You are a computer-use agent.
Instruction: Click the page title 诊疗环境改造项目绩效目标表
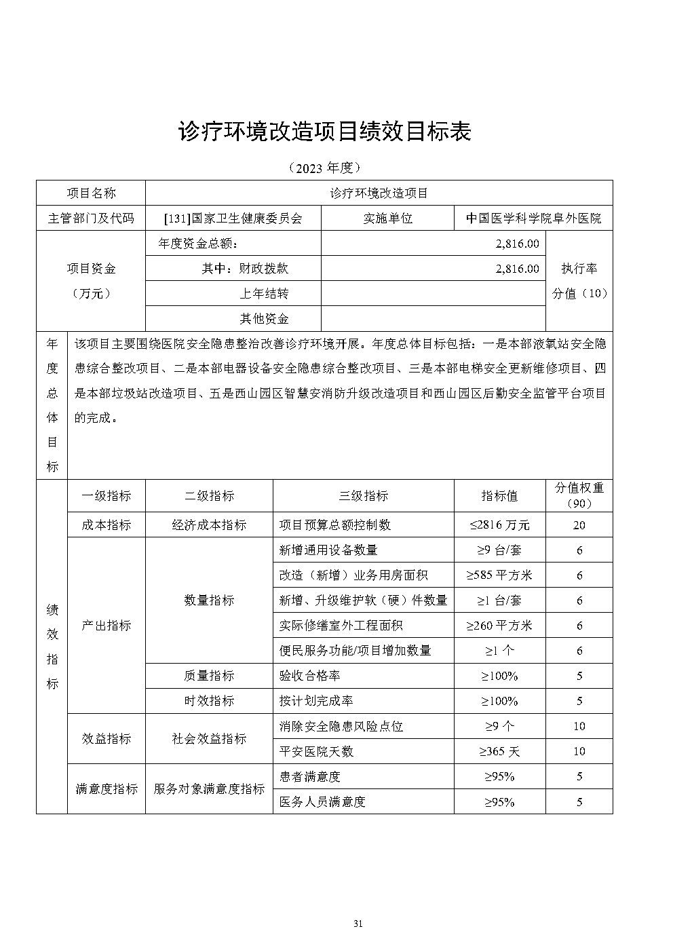(324, 132)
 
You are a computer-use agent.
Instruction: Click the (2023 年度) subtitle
(324, 167)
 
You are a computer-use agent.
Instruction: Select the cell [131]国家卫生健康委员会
(233, 218)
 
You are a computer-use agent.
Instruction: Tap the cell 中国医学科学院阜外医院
(533, 218)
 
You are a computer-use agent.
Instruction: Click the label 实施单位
(388, 218)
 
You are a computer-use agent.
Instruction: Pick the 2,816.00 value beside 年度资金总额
(518, 244)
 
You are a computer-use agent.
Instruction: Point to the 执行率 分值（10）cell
(579, 281)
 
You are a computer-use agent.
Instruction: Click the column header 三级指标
(363, 496)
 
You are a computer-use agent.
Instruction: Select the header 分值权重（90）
(579, 496)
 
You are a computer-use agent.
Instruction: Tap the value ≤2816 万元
(499, 525)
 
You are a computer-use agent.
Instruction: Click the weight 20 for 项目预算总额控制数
(579, 525)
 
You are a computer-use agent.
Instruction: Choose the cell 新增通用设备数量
(328, 550)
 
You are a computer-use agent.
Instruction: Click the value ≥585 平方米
(499, 575)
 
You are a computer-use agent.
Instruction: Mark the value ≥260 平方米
(499, 626)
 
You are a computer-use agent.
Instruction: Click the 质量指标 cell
(209, 676)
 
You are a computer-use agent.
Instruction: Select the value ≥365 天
(499, 751)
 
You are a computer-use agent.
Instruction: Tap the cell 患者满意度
(309, 776)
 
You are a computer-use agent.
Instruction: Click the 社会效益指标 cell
(209, 739)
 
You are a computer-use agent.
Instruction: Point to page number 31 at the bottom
(359, 924)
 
